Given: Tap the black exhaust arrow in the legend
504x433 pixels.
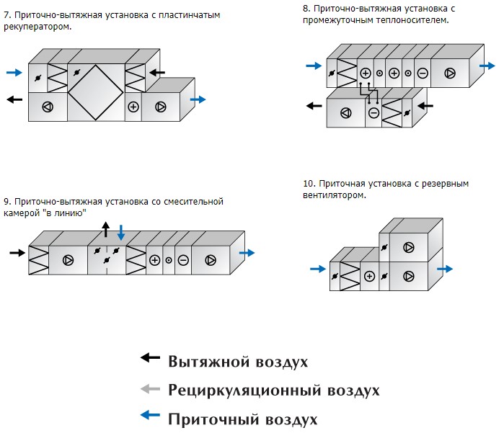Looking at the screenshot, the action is [150, 357].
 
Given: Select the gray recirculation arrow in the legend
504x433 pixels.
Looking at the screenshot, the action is [150, 389].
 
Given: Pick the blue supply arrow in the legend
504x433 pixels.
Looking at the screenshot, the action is [150, 415].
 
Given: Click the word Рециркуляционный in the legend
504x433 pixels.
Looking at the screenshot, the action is [244, 390].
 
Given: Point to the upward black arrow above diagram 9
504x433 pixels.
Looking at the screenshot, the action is [105, 229].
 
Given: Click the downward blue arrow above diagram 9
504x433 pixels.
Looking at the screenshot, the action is [121, 233].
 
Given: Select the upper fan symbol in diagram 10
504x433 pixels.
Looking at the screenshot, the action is [409, 248].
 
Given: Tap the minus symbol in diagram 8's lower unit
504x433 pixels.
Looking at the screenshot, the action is [373, 112].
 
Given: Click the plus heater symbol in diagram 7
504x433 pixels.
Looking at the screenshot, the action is [133, 107].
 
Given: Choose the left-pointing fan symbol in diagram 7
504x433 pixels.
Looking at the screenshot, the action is [48, 107].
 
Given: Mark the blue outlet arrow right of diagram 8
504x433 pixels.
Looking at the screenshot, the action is [487, 66].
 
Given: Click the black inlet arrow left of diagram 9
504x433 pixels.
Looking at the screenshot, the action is [17, 253].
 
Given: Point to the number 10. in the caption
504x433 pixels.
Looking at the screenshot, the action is [309, 184].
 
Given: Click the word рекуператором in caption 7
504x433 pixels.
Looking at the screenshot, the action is [37, 27].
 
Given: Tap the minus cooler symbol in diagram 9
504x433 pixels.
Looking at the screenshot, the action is [183, 260].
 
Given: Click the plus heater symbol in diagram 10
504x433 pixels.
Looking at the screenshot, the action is [369, 276].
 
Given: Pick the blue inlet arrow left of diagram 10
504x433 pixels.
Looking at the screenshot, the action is [318, 269].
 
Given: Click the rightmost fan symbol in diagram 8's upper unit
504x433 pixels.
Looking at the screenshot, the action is [450, 73].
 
